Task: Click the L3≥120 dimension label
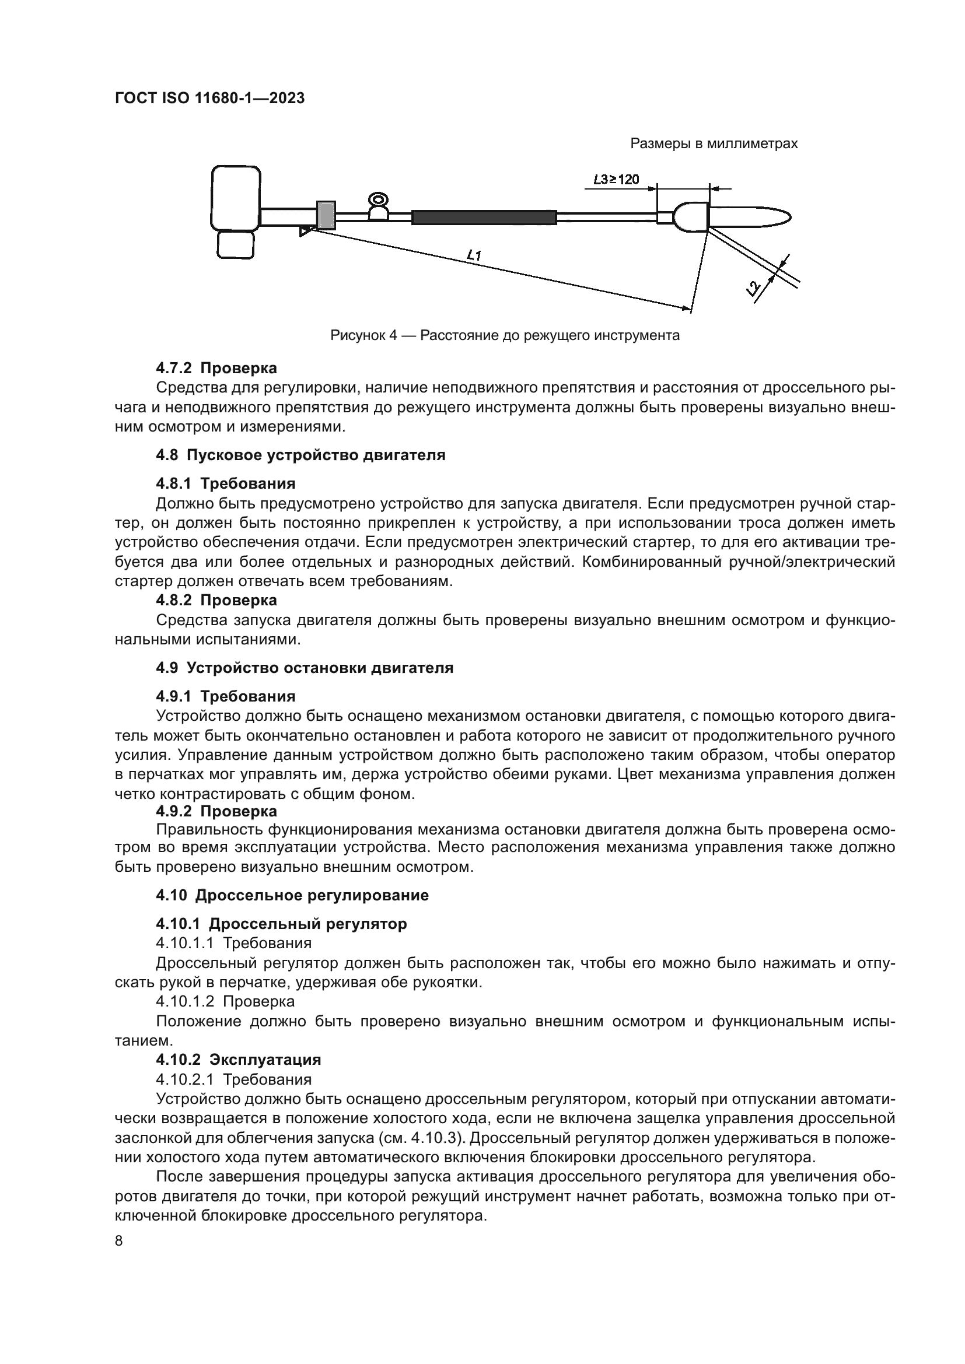616,180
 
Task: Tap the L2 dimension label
753,289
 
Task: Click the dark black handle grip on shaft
484,218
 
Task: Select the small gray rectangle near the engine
326,215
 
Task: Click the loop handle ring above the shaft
378,199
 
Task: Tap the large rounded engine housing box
236,198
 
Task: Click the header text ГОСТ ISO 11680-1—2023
209,99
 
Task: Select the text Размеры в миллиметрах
714,144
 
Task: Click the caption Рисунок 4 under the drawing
505,336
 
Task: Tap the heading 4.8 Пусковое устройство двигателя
300,455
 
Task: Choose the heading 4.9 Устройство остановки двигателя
304,668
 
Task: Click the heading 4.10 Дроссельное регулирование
292,895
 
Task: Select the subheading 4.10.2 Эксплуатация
238,1060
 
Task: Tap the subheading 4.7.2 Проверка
216,369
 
